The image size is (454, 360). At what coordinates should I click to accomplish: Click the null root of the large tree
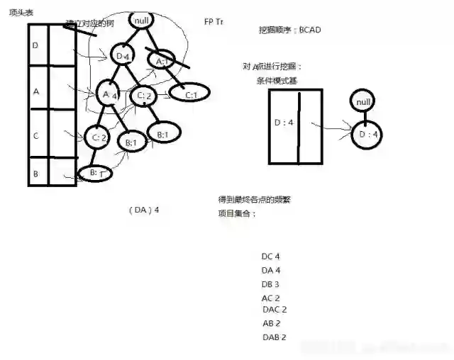point(141,21)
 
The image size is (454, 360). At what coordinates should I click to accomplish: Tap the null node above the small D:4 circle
point(364,102)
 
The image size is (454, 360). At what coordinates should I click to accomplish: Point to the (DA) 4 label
point(144,210)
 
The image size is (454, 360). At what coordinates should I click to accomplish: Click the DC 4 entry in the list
point(271,257)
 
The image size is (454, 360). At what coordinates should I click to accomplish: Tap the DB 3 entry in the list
point(271,284)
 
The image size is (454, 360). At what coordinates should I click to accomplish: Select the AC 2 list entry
point(271,298)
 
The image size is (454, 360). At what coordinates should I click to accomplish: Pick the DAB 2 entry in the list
point(274,337)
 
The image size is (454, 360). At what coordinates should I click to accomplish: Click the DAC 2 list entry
point(275,310)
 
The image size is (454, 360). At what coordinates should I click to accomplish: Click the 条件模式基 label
point(277,80)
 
